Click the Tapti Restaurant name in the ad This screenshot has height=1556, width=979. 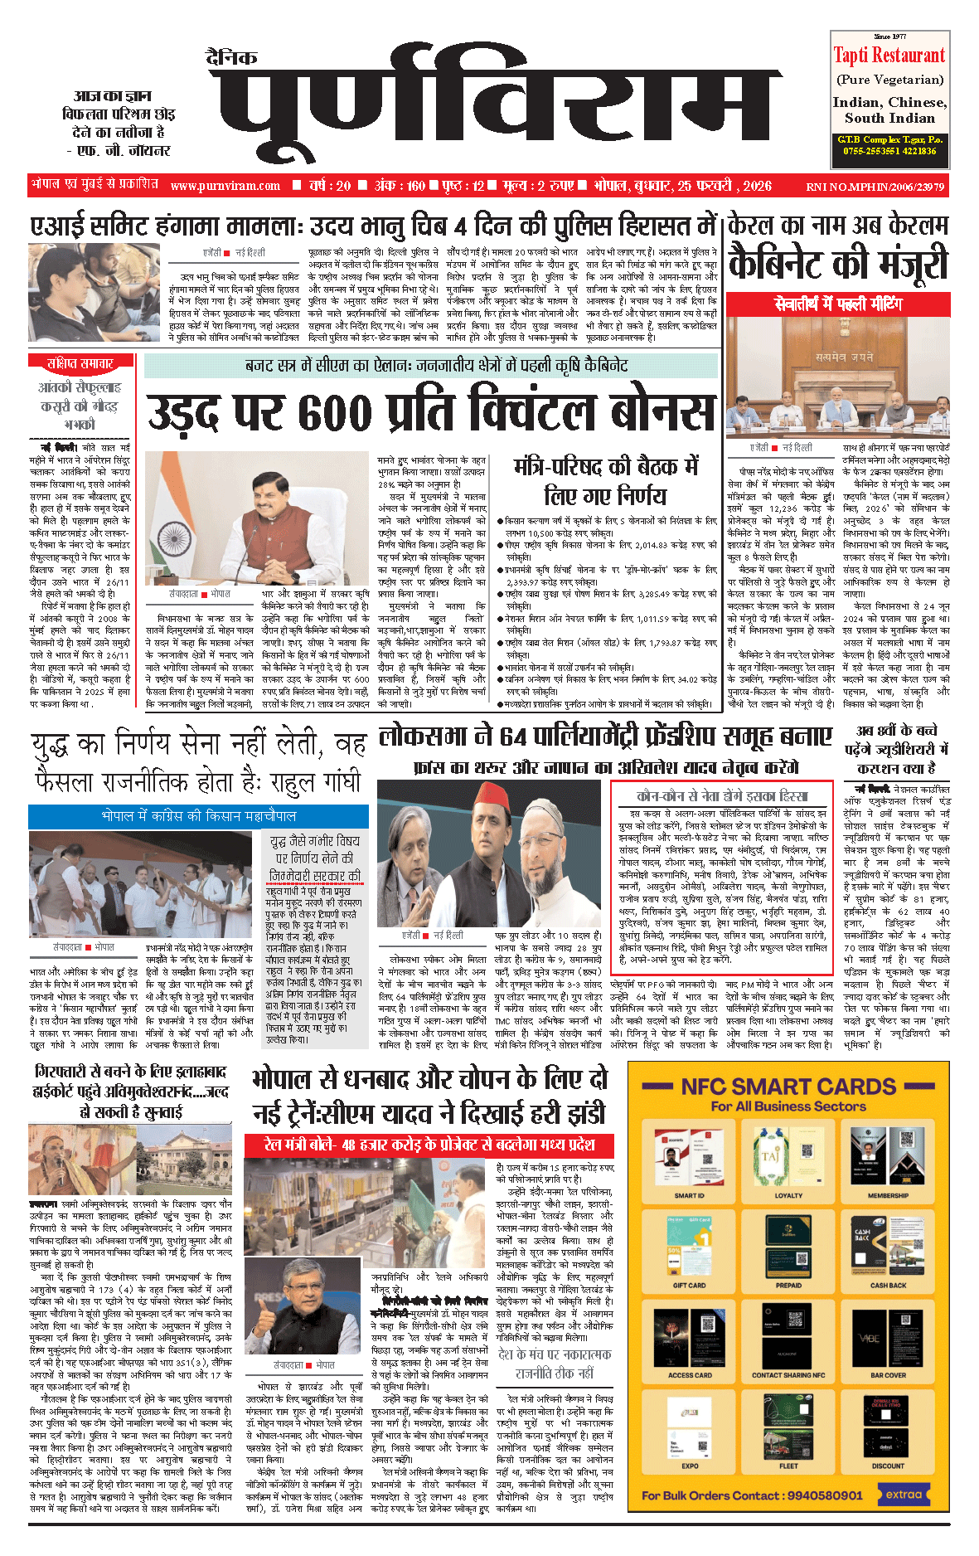[x=889, y=56]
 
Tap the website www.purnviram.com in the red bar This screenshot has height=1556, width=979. [x=225, y=186]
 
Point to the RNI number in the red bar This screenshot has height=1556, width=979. [x=875, y=187]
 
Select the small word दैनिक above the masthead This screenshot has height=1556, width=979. [x=231, y=58]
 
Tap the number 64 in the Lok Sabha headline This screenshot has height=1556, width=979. [x=513, y=736]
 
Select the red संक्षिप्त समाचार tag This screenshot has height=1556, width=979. [x=80, y=362]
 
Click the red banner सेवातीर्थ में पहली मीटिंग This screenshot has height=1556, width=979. [x=838, y=304]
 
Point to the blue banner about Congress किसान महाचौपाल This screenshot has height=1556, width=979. [x=198, y=815]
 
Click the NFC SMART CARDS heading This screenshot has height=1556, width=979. [x=788, y=1087]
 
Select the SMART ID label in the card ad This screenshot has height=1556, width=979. [x=689, y=1195]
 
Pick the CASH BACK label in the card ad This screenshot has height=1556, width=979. [x=888, y=1285]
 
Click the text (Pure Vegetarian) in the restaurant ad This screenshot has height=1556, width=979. [x=889, y=80]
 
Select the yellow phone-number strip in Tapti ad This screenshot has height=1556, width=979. [x=889, y=145]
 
